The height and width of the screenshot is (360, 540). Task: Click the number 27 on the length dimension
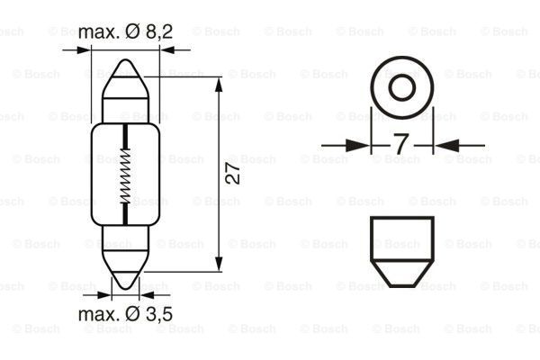231,174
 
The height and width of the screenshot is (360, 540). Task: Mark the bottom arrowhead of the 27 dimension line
220,265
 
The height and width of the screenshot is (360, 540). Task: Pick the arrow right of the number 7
445,143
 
